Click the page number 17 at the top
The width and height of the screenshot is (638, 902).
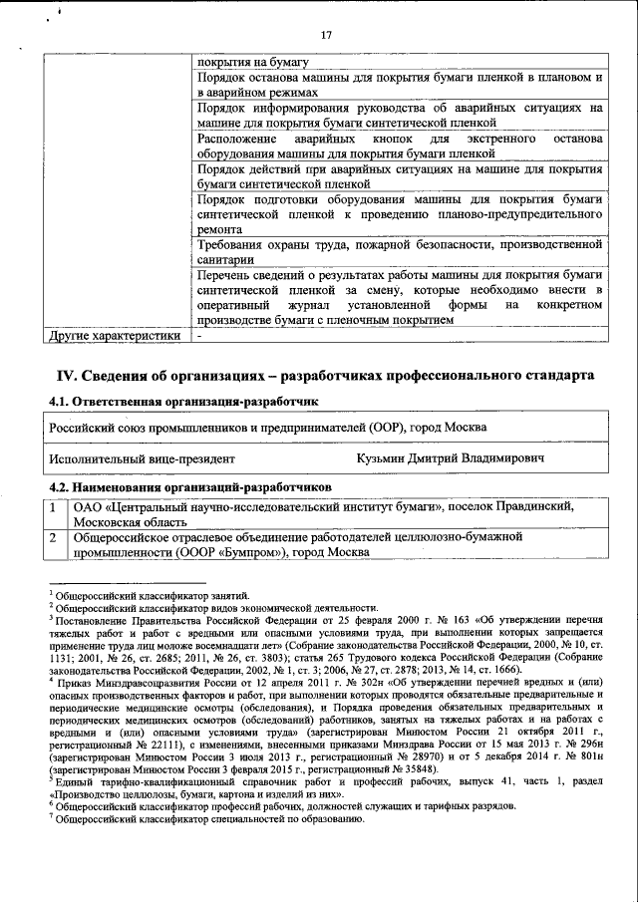coord(325,36)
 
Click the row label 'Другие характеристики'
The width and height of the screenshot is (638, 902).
coord(116,336)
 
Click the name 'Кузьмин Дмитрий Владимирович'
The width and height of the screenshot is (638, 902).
coord(450,459)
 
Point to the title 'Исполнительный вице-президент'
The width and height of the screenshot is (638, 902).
coord(143,459)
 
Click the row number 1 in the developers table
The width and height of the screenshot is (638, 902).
coord(55,507)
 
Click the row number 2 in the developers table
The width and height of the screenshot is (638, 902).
coord(55,538)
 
